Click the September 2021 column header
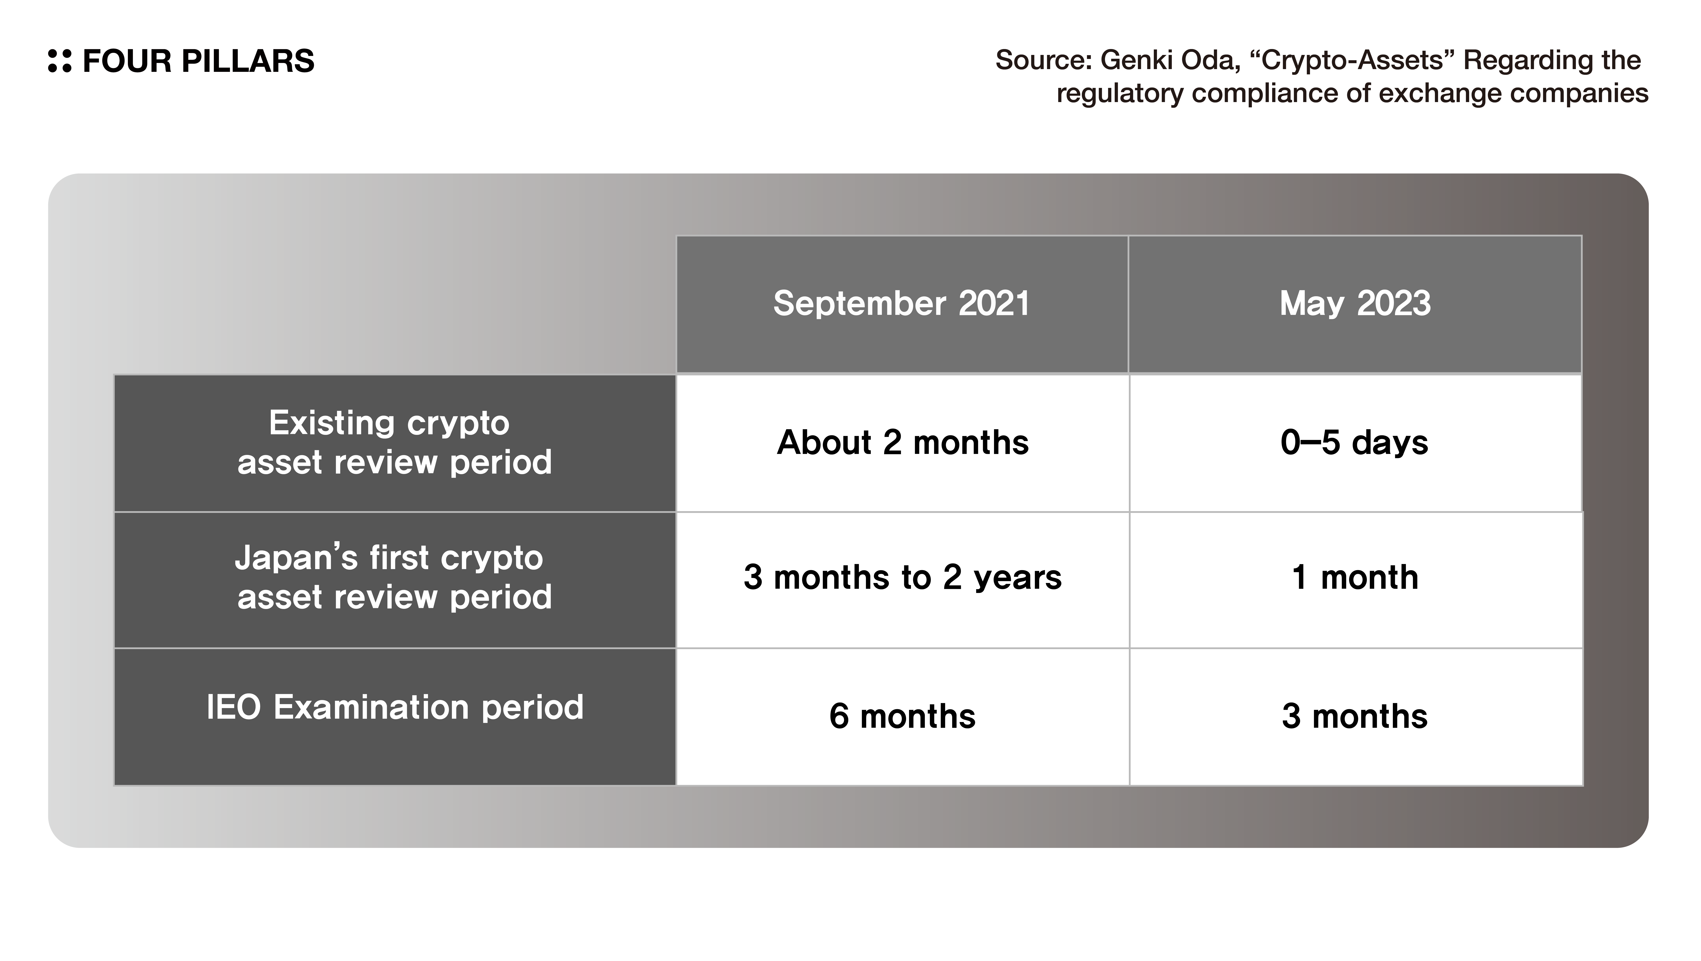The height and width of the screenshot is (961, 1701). (x=902, y=304)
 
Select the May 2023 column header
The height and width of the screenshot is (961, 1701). (x=1355, y=304)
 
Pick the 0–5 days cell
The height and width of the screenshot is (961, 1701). (x=1355, y=443)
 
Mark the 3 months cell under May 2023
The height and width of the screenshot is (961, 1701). (x=1355, y=717)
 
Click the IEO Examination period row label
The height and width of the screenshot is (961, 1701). (x=395, y=708)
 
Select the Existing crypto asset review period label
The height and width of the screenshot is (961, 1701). (x=394, y=442)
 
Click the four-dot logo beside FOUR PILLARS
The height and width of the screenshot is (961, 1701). (x=59, y=61)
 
